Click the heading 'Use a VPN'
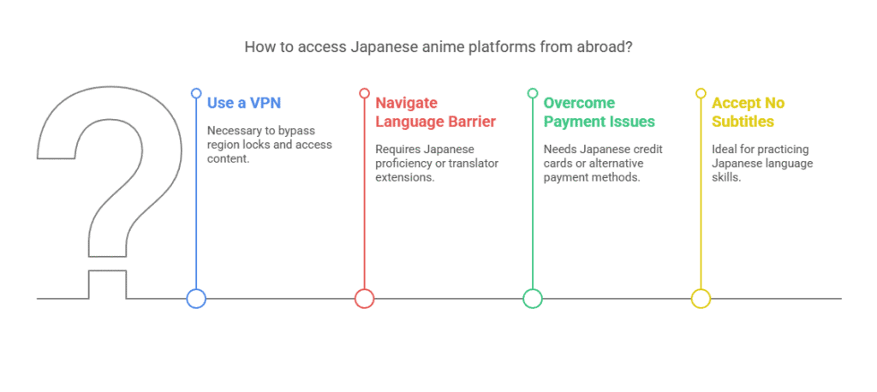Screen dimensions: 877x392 coord(244,104)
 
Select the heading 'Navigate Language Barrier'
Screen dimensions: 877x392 coord(435,112)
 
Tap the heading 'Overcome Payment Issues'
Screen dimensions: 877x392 coord(599,112)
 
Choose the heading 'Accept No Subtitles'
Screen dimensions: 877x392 coord(748,112)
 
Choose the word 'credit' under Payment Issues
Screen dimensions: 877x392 coord(648,149)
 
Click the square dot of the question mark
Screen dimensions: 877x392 coord(107,285)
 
